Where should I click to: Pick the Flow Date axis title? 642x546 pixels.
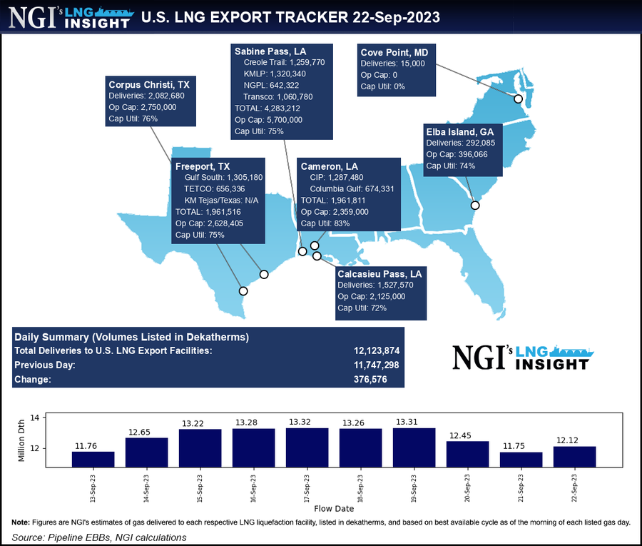click(333, 509)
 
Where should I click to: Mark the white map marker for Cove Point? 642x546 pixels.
click(519, 98)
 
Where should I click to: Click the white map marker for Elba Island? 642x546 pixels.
click(475, 206)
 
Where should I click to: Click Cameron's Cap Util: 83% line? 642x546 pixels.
click(326, 223)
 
